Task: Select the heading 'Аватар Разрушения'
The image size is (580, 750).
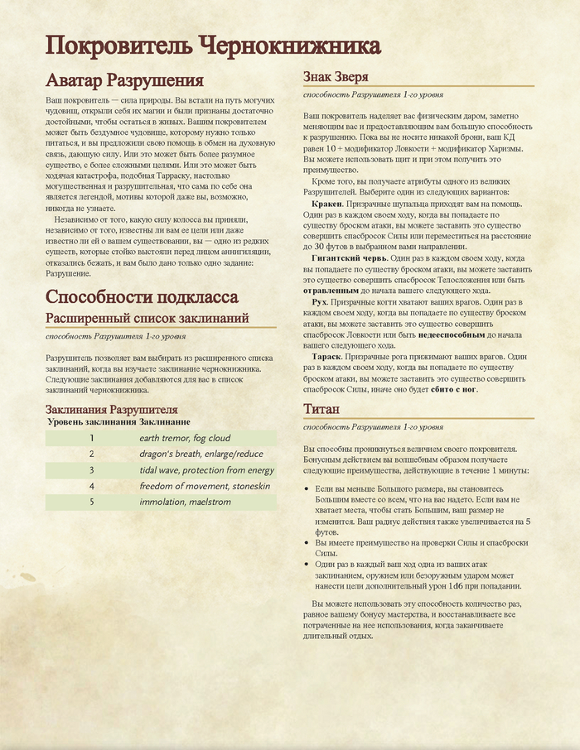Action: (x=124, y=80)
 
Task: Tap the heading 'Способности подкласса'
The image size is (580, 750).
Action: (x=142, y=297)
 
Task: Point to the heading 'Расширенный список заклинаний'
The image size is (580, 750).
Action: (x=147, y=319)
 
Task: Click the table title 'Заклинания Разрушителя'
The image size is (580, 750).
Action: (x=112, y=410)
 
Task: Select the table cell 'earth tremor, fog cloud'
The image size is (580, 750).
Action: (x=185, y=438)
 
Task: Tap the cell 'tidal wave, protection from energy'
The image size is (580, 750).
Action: (x=206, y=470)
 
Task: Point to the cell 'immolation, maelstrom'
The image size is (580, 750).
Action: (x=179, y=502)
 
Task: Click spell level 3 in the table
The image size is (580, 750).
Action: (x=92, y=470)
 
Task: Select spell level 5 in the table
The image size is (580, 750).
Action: (x=92, y=502)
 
